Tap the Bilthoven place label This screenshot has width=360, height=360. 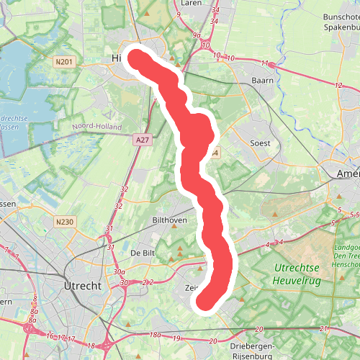171,220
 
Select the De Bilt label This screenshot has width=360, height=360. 144,253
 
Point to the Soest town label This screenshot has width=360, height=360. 259,143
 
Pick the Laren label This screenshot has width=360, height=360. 191,3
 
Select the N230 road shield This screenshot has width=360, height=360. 66,221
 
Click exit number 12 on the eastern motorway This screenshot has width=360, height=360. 338,86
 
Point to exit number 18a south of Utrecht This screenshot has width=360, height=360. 156,335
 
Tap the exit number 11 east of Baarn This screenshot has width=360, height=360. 264,63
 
